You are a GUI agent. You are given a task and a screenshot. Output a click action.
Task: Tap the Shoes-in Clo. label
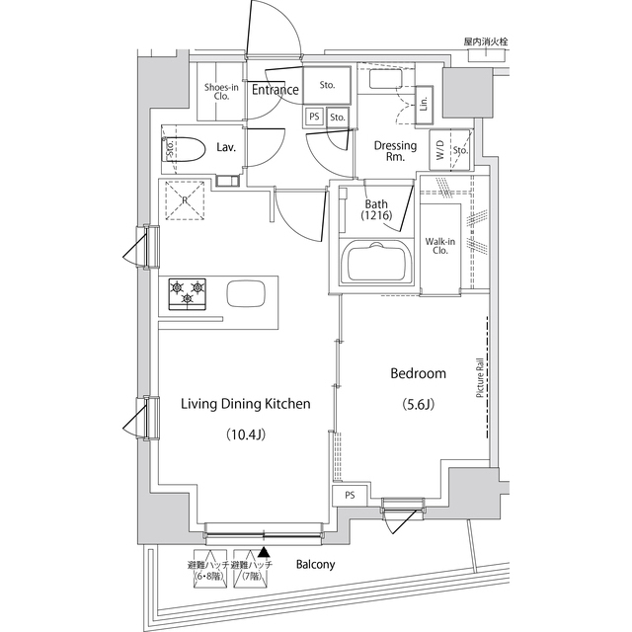(217, 92)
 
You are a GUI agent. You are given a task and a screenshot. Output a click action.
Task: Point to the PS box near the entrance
(314, 117)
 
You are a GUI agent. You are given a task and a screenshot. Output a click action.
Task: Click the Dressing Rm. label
(394, 151)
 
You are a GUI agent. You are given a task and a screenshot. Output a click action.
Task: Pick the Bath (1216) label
(376, 209)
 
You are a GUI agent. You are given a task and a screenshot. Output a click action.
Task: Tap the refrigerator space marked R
(184, 201)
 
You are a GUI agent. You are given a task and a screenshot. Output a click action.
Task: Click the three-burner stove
(189, 293)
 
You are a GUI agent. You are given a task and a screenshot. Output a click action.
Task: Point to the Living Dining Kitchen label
(245, 404)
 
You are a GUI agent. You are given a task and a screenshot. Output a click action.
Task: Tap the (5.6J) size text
(418, 404)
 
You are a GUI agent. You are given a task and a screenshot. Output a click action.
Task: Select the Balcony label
(315, 565)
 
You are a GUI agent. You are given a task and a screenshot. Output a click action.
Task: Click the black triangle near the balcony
(263, 555)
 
